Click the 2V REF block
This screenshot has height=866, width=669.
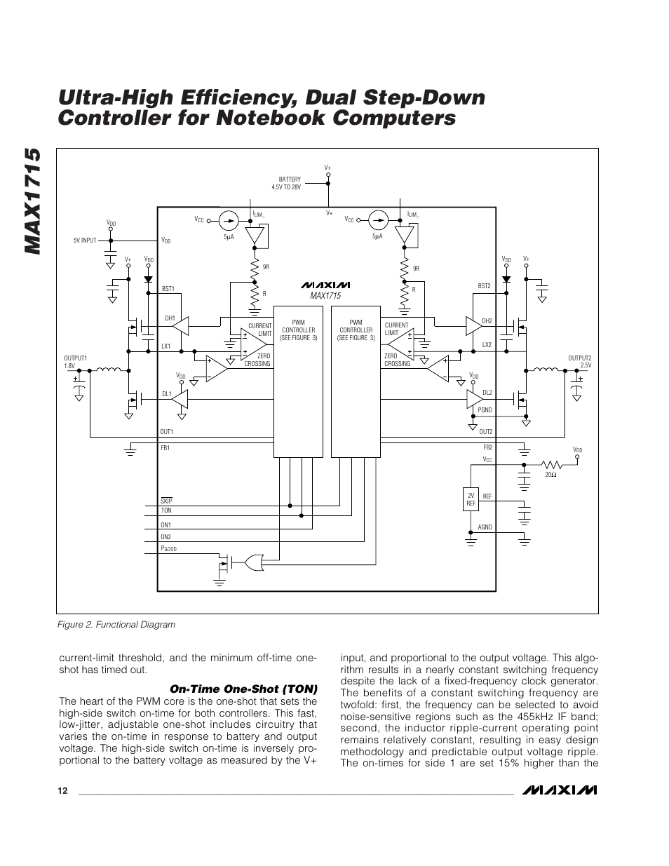471,499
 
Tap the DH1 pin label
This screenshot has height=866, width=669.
169,318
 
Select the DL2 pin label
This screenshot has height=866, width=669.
487,393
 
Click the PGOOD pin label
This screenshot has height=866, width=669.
168,549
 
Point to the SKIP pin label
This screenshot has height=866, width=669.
166,501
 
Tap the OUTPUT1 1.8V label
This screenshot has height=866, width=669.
75,362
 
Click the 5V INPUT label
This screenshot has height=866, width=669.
85,241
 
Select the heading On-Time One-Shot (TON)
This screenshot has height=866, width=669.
243,689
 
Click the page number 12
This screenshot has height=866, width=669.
63,791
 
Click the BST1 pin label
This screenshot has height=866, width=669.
168,289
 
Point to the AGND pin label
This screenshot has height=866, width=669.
485,527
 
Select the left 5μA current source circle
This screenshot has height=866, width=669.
228,220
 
